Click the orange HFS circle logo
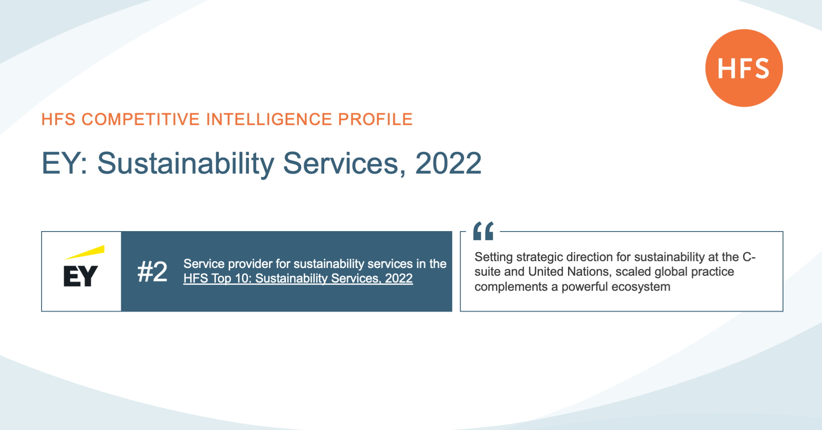tap(744, 68)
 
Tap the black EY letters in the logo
tap(81, 276)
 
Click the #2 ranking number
tap(152, 272)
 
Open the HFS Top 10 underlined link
tap(298, 278)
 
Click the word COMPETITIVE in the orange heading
tap(140, 119)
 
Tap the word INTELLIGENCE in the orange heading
tap(269, 119)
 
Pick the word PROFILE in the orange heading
tap(375, 119)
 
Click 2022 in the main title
tap(448, 163)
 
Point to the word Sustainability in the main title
tap(186, 164)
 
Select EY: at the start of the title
tap(65, 163)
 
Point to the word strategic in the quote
tap(540, 257)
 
